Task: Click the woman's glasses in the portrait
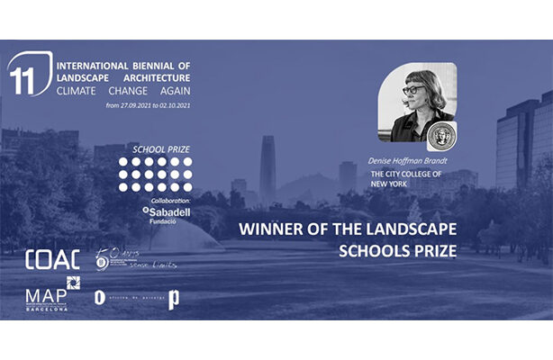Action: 411,90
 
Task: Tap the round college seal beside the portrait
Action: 442,136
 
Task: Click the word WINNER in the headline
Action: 271,229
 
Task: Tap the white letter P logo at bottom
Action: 173,299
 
